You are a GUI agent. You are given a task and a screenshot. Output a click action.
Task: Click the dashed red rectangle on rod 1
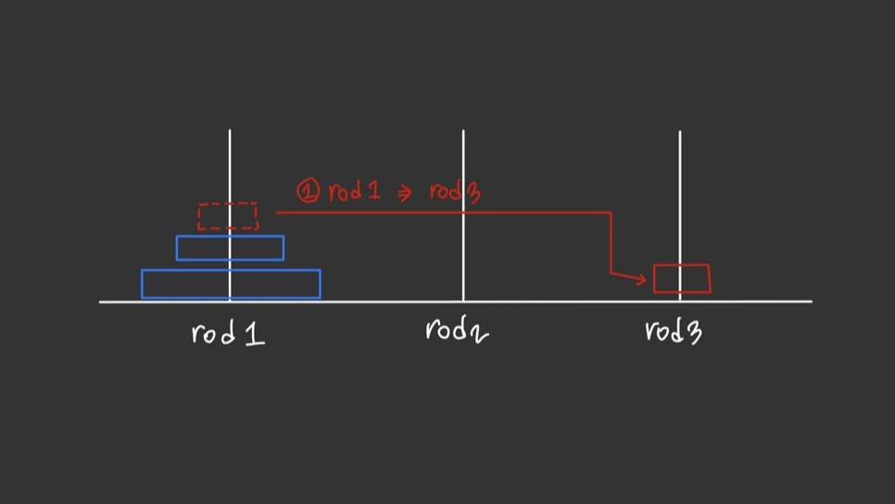click(x=227, y=216)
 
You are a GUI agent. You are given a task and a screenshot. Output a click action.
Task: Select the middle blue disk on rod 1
click(x=230, y=247)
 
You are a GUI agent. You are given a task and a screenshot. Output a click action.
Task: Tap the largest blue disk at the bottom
click(x=231, y=283)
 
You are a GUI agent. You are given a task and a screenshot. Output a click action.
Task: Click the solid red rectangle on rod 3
click(x=682, y=279)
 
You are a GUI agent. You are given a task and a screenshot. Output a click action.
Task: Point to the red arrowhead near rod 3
click(x=643, y=279)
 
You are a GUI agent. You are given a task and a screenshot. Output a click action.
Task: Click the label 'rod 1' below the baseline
click(x=228, y=333)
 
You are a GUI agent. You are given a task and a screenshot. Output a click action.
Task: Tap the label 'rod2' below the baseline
click(x=456, y=330)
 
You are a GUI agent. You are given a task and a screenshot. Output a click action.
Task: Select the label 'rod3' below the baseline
click(x=673, y=331)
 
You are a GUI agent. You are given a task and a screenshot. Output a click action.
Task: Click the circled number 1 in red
click(x=308, y=192)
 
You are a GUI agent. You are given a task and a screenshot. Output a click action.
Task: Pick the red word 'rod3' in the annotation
click(x=454, y=192)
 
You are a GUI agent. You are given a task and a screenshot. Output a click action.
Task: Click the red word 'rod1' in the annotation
click(x=355, y=192)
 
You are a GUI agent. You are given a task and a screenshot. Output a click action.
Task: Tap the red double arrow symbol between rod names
click(x=404, y=194)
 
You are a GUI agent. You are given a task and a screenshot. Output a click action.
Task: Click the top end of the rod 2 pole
click(x=463, y=132)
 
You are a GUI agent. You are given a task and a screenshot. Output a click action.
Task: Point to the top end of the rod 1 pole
click(x=230, y=132)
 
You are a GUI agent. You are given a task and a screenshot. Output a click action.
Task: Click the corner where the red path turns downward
click(x=611, y=213)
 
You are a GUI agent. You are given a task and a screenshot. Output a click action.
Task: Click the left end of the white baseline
click(x=101, y=301)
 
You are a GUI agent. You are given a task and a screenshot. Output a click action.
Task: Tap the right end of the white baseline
click(x=811, y=301)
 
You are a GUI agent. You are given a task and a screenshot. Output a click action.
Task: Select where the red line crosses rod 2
click(x=463, y=212)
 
